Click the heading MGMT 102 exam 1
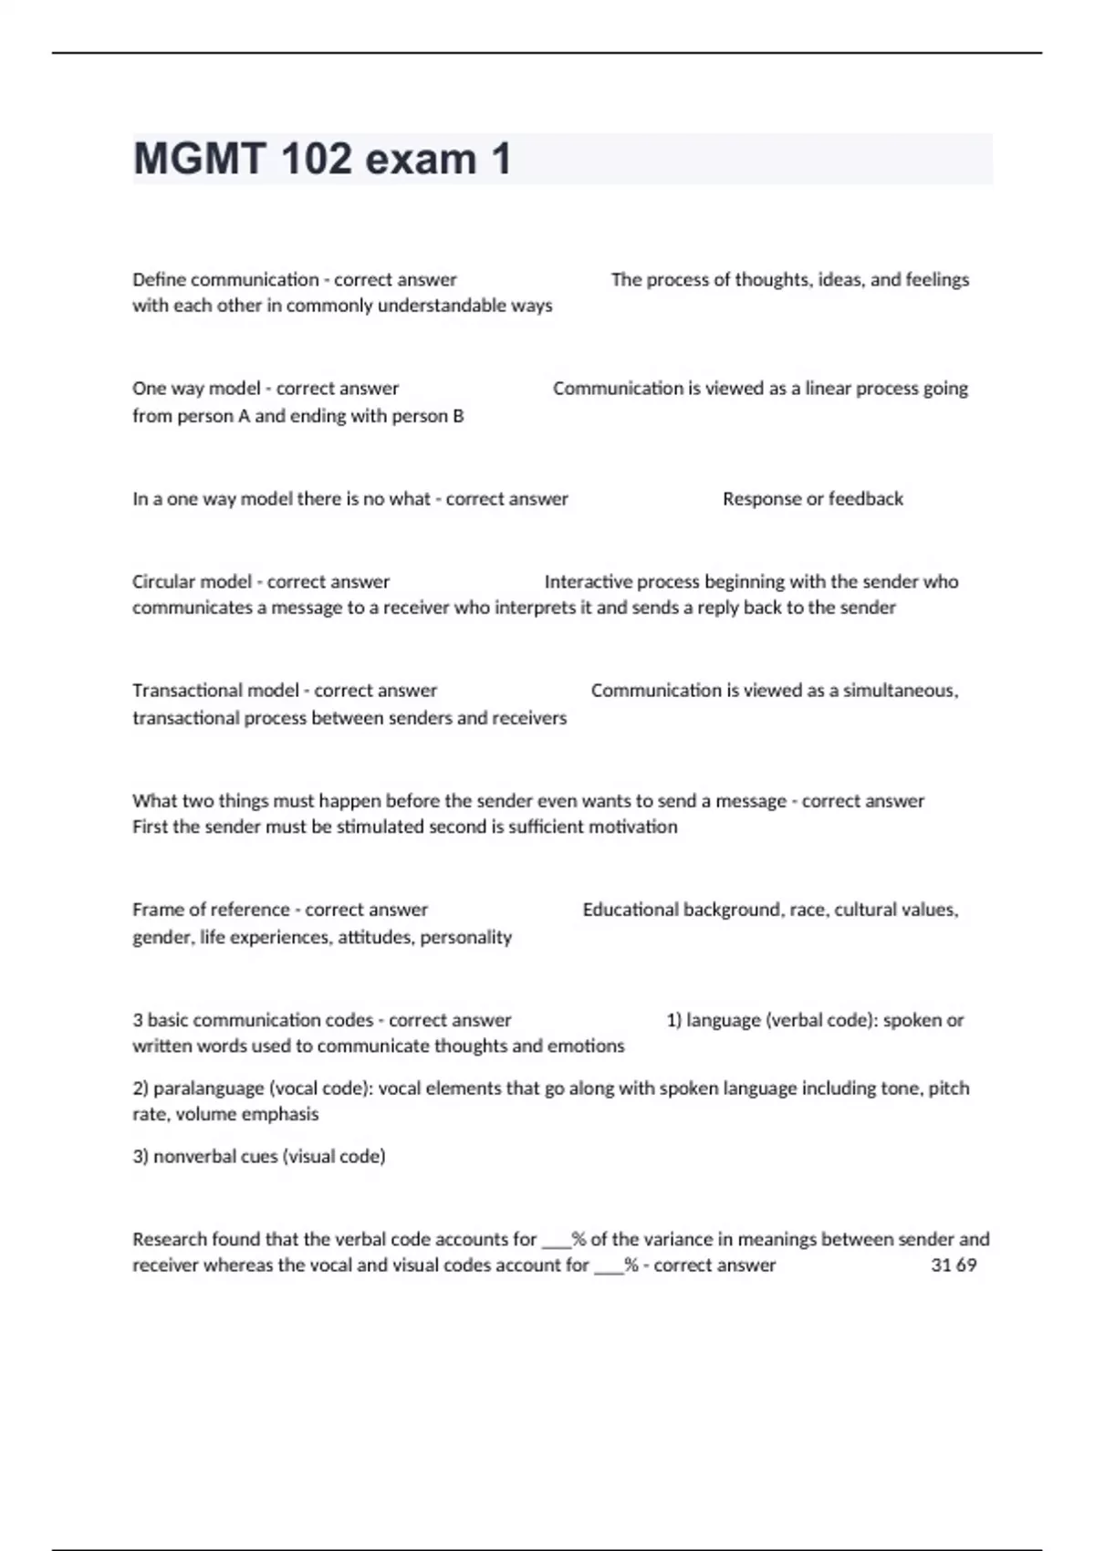pyautogui.click(x=322, y=160)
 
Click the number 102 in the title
pyautogui.click(x=316, y=160)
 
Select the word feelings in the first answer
pyautogui.click(x=937, y=280)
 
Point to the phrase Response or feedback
pyautogui.click(x=812, y=499)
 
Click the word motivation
pyautogui.click(x=633, y=828)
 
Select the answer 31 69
pyautogui.click(x=954, y=1265)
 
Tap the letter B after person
pyautogui.click(x=458, y=416)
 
